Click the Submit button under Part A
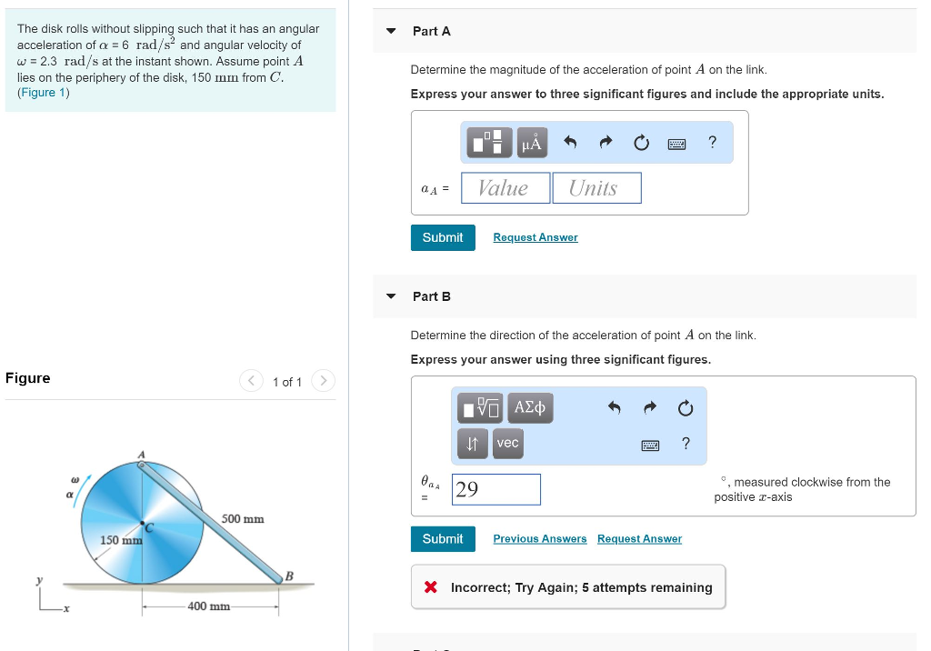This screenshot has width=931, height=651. [443, 237]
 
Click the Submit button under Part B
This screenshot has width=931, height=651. [443, 539]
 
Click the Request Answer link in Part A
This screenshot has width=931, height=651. [536, 237]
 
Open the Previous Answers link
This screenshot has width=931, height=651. [540, 539]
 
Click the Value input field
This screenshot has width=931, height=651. [506, 188]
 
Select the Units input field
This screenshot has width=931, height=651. [596, 188]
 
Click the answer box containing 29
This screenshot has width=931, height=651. [496, 489]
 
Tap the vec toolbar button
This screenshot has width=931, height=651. [507, 443]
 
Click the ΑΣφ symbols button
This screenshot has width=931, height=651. [529, 407]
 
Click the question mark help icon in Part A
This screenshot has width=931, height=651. [712, 142]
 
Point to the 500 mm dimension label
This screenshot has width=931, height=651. [243, 519]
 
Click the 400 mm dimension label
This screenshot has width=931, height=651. [209, 606]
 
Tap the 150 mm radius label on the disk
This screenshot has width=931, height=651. [120, 541]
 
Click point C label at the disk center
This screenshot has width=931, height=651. [150, 526]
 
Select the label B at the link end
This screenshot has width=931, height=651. [290, 575]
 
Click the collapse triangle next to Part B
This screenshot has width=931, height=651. [391, 296]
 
